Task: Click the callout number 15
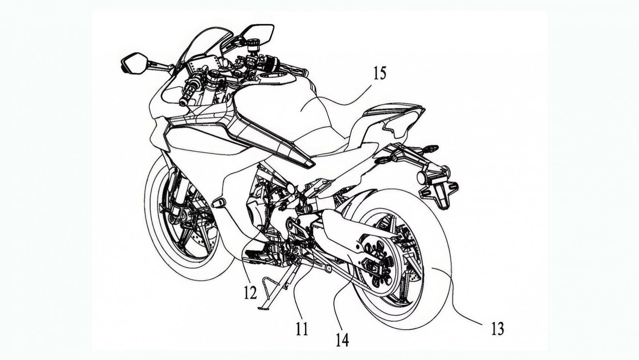coord(380,73)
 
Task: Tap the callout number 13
coord(497,329)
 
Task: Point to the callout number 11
coord(302,329)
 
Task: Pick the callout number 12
coord(250,293)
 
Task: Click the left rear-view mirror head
coord(133,63)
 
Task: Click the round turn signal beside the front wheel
coord(219,203)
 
